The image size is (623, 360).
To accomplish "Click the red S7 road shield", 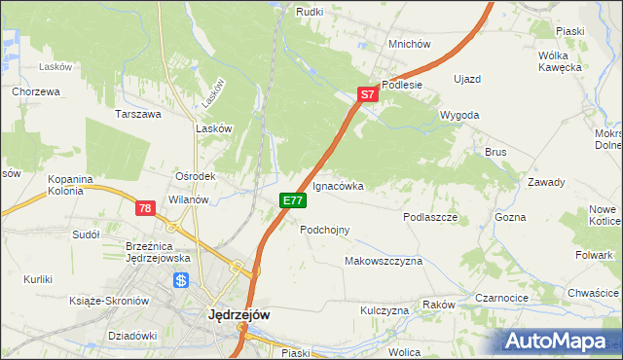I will pos(367,94).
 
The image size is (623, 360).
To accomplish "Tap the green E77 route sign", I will pos(294,200).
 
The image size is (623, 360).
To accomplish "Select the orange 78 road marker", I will pos(145,208).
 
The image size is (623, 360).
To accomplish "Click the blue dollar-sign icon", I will pos(181,280).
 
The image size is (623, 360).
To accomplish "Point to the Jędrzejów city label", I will pos(239,315).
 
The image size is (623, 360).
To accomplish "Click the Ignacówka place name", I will pos(339,186).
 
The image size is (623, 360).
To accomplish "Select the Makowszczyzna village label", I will pos(384,262).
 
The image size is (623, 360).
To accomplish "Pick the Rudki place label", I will pos(310,11).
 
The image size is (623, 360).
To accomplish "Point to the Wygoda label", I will pos(459,115).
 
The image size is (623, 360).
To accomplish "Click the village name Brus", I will pos(496,152).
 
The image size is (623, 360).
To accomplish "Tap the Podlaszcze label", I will pos(430,218).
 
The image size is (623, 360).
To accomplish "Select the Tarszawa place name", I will pos(138,114).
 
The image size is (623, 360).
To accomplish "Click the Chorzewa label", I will pos(37,91).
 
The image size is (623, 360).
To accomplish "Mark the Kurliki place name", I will pos(40,279).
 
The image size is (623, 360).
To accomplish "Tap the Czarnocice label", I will pos(502,298).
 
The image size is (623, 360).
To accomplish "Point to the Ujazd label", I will pos(467,78).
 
